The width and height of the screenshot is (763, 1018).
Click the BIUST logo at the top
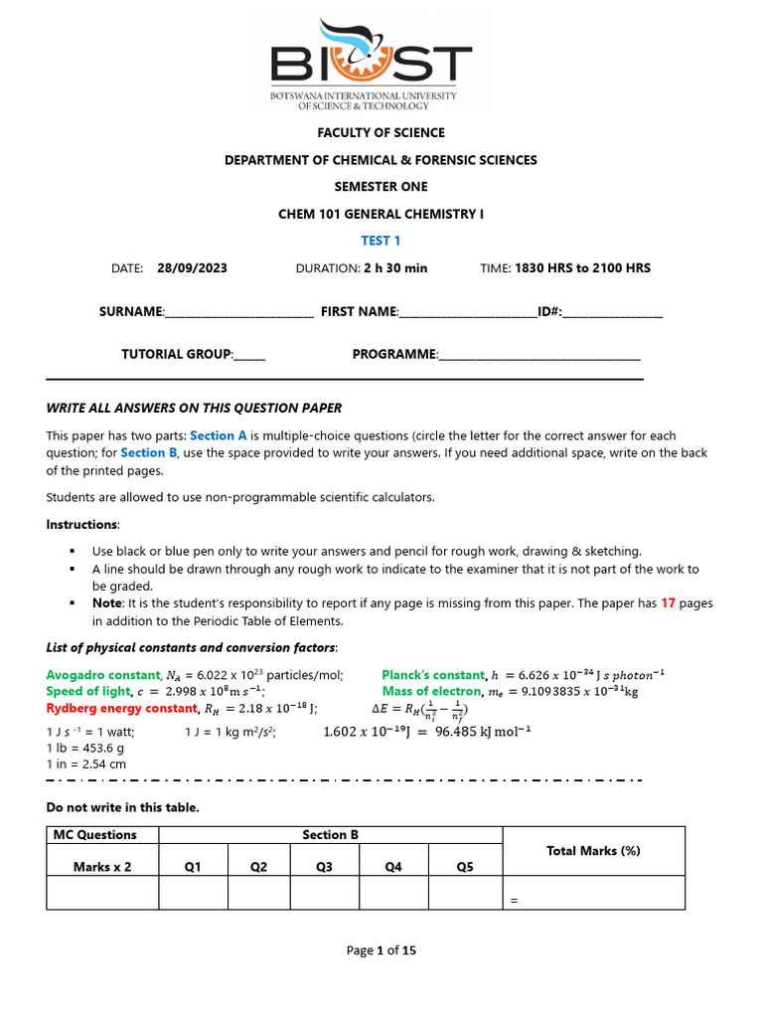click(381, 64)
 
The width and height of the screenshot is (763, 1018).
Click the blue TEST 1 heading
click(381, 241)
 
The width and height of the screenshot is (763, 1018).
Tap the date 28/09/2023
click(192, 268)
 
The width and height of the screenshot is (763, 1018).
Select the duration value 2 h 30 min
click(394, 268)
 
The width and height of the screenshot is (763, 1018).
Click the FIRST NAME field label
click(358, 312)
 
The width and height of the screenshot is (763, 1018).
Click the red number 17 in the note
click(671, 603)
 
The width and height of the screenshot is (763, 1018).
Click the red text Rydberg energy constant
click(122, 709)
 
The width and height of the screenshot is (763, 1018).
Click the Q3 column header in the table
click(324, 867)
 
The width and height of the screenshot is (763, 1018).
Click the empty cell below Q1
click(193, 893)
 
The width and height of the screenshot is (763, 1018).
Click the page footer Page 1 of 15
click(381, 950)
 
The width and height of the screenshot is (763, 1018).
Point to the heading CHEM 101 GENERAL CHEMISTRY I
click(381, 214)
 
